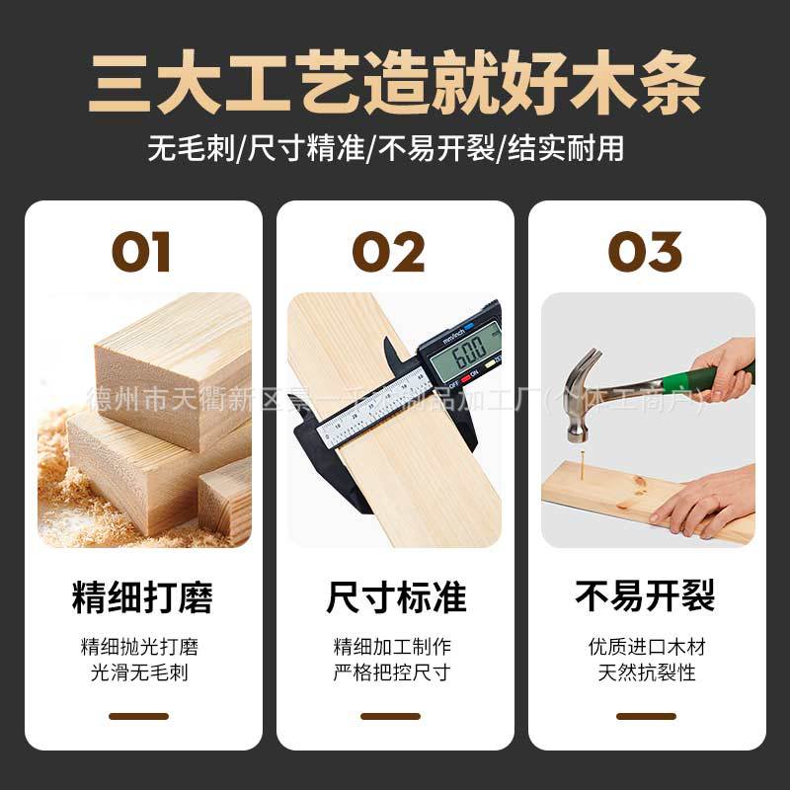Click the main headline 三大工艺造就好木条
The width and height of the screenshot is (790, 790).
click(395, 79)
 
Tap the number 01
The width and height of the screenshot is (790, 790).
click(140, 252)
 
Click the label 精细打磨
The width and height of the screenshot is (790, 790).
click(142, 596)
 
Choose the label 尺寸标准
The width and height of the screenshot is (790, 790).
click(396, 596)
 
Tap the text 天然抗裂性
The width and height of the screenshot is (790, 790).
click(646, 673)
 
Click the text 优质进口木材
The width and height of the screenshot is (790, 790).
click(646, 648)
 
